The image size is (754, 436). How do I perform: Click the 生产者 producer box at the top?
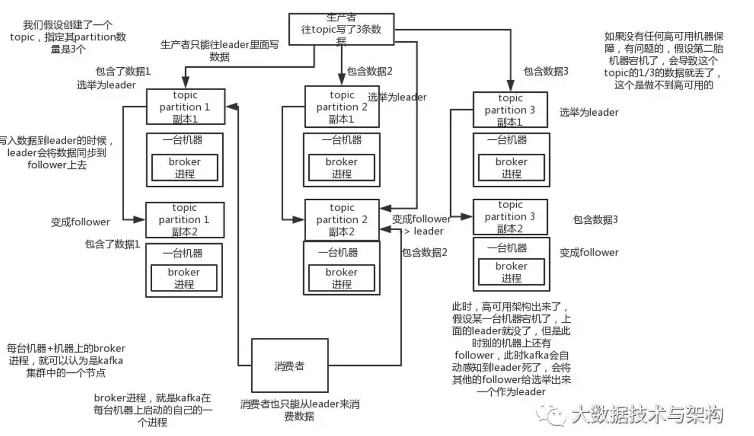point(342,29)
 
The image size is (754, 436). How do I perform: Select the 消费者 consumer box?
point(289,365)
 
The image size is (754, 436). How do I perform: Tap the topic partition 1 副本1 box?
point(185,106)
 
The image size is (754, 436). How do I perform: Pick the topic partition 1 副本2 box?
point(185,220)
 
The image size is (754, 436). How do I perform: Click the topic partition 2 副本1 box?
point(342,106)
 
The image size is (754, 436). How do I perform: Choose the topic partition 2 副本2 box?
point(342,220)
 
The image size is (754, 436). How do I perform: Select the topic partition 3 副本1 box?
point(510,110)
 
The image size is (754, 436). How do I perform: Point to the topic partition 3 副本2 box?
point(510,216)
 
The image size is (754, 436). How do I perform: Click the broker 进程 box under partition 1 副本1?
point(185,167)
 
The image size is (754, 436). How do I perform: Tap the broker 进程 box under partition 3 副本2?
point(511,272)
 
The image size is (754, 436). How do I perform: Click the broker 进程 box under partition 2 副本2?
point(342,278)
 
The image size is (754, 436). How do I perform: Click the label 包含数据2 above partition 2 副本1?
point(370,71)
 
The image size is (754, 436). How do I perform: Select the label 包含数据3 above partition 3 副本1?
point(546,71)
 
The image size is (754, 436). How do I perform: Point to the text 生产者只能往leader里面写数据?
point(220,51)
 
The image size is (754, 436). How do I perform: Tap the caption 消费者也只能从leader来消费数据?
point(299,410)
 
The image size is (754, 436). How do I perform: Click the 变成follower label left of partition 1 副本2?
point(80,222)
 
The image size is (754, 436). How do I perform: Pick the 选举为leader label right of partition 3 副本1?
point(589,112)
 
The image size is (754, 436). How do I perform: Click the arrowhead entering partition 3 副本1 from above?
point(510,86)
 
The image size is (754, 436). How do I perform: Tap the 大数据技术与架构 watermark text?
point(647,415)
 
